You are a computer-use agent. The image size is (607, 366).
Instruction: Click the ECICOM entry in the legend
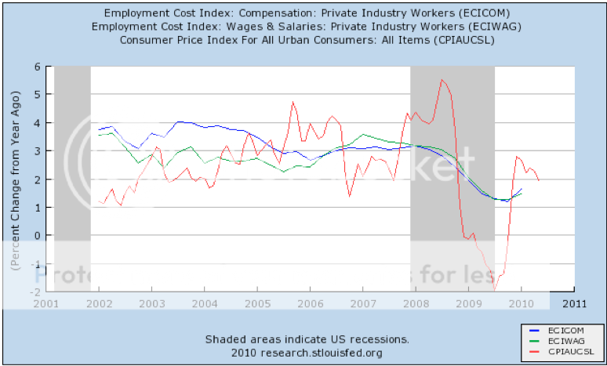562,332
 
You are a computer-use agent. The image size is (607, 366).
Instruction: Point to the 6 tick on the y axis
36,67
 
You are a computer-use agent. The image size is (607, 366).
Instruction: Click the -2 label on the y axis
35,292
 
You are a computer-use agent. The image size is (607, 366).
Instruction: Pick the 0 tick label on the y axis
36,235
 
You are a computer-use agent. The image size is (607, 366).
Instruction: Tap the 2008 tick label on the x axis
415,303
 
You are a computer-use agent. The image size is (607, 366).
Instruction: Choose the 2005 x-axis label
256,303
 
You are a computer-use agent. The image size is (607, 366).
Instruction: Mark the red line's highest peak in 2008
442,79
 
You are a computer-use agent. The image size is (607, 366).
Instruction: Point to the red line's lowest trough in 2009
495,290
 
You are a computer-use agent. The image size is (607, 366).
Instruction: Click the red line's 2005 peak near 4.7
293,102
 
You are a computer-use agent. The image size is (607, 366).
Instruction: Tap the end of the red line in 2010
539,181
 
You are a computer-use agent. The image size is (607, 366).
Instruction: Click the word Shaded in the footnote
227,339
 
